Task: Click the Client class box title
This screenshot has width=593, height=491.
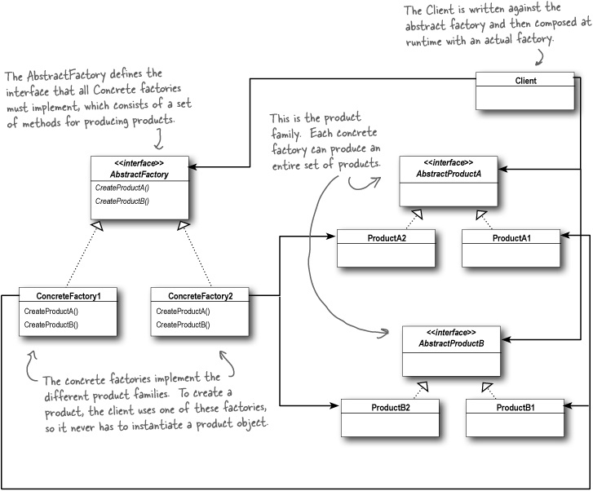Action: (525, 81)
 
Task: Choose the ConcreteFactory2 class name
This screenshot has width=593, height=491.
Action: (200, 295)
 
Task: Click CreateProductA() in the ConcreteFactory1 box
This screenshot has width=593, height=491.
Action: (51, 312)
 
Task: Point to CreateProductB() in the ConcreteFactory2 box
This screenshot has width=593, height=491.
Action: (183, 325)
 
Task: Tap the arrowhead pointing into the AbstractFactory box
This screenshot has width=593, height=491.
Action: (193, 166)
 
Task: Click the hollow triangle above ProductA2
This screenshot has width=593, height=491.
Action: (417, 215)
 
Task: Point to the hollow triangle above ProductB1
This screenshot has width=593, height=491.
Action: (487, 385)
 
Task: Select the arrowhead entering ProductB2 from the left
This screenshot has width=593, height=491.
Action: (335, 405)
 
